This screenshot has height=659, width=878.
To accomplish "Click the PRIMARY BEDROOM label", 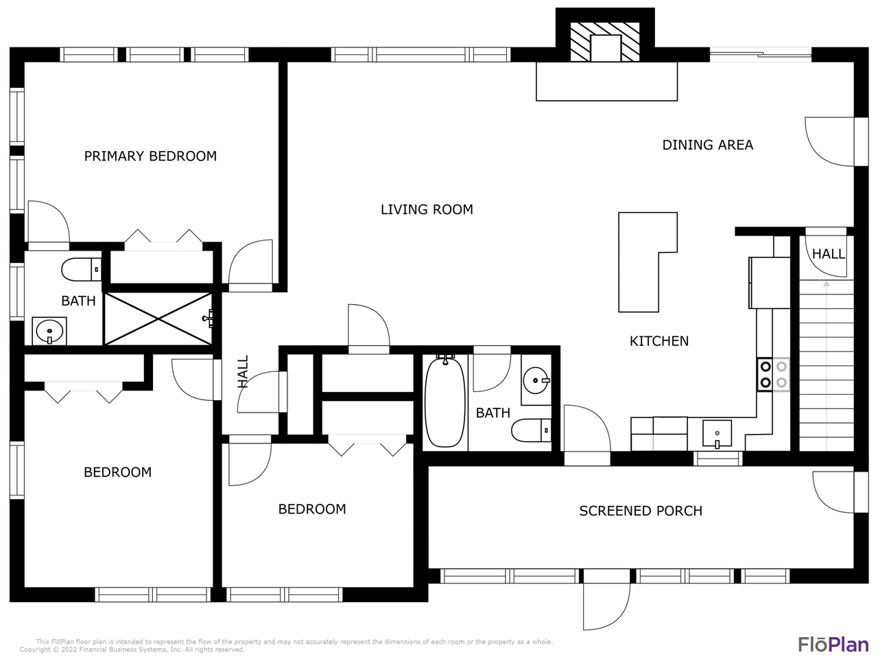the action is tap(150, 156).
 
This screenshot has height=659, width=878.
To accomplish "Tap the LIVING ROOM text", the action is tap(427, 209).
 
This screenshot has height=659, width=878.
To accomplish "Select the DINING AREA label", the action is tap(708, 145).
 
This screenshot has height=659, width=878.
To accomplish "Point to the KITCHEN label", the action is tap(659, 341).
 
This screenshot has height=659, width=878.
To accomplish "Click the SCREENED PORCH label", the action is tap(641, 511).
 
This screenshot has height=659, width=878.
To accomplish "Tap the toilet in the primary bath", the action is tap(82, 269).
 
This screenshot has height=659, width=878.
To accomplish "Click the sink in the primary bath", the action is tap(49, 332).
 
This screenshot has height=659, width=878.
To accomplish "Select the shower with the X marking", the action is tap(158, 319).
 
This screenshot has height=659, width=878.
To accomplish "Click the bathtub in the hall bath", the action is tap(444, 402).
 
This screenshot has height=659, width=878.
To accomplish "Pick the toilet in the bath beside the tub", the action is tap(531, 430).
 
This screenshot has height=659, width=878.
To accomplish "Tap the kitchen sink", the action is tap(717, 434).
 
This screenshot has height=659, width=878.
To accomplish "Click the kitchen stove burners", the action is tap(773, 375).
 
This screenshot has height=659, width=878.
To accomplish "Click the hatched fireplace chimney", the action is tap(605, 42).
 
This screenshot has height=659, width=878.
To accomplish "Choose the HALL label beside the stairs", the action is tap(829, 254).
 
